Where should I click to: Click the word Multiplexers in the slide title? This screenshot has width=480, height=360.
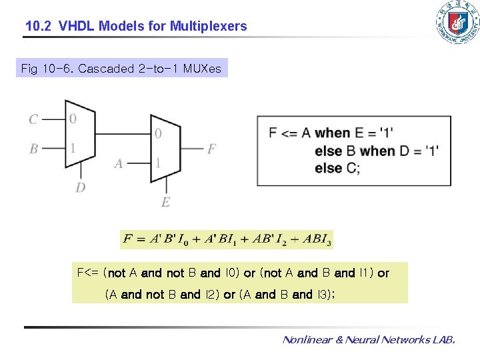[x=208, y=27]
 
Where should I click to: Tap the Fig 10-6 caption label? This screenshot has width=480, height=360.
[x=121, y=68]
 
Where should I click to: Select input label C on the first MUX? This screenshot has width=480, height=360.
[x=33, y=119]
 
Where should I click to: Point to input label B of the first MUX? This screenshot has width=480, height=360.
[x=33, y=149]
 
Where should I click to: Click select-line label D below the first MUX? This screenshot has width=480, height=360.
[x=80, y=187]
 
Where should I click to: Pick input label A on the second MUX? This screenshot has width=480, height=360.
[x=119, y=163]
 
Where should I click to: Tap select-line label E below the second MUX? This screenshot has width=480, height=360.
[x=165, y=202]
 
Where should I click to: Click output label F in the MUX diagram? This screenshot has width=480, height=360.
[x=211, y=149]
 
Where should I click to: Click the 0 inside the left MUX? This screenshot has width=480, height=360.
[x=73, y=119]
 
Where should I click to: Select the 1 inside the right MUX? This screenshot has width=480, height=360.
[x=158, y=163]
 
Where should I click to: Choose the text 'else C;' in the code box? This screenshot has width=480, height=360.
[x=337, y=168]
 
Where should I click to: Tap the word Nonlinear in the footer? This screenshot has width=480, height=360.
[x=311, y=340]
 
